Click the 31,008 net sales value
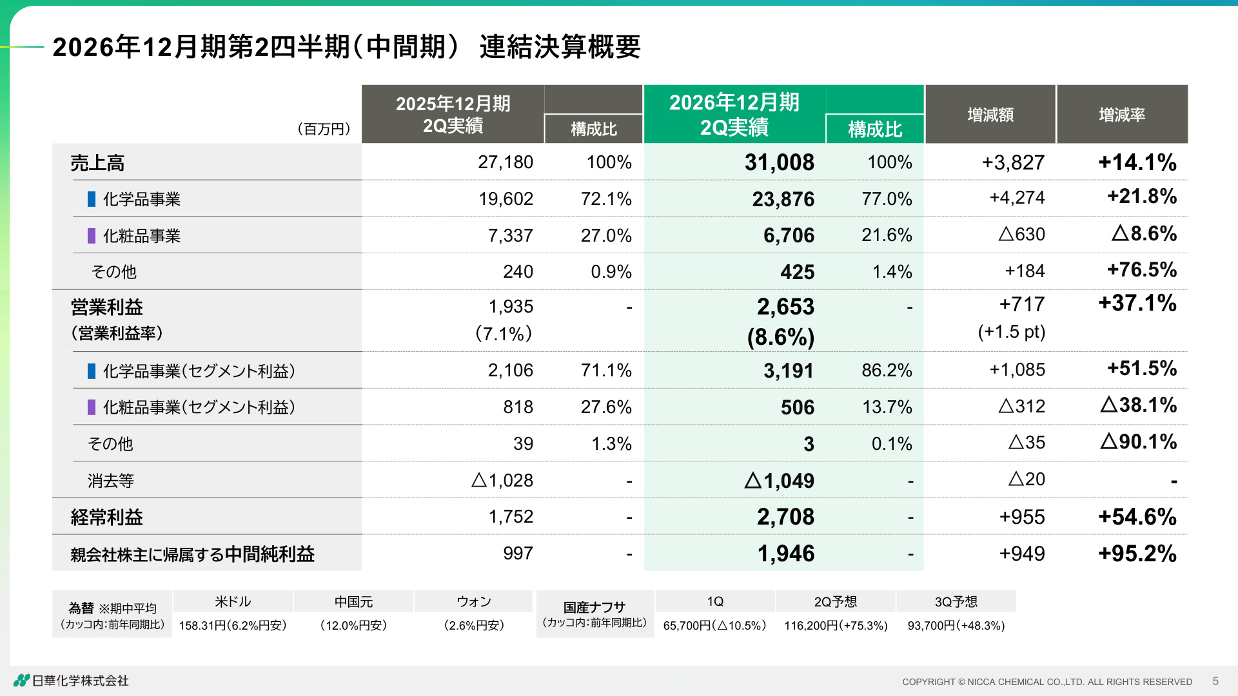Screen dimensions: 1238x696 point(779,162)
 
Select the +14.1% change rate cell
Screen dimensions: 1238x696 point(1137,162)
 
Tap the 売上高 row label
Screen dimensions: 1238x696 point(97,163)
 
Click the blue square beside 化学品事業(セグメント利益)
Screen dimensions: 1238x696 point(92,371)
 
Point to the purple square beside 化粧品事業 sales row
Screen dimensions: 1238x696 point(92,236)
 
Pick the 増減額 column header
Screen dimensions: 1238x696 point(990,115)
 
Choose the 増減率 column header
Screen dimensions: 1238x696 point(1122,115)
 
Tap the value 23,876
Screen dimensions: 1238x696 point(783,199)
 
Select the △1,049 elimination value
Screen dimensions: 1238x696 point(779,481)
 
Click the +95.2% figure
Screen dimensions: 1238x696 point(1137,554)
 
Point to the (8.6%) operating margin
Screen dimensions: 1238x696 point(781,337)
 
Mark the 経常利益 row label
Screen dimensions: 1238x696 point(106,517)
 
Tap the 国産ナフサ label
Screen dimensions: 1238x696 point(594,607)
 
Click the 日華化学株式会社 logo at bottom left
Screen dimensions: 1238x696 point(72,681)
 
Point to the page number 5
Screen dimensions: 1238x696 point(1215,681)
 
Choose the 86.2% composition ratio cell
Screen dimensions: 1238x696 point(887,371)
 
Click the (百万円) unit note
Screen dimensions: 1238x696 point(324,129)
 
